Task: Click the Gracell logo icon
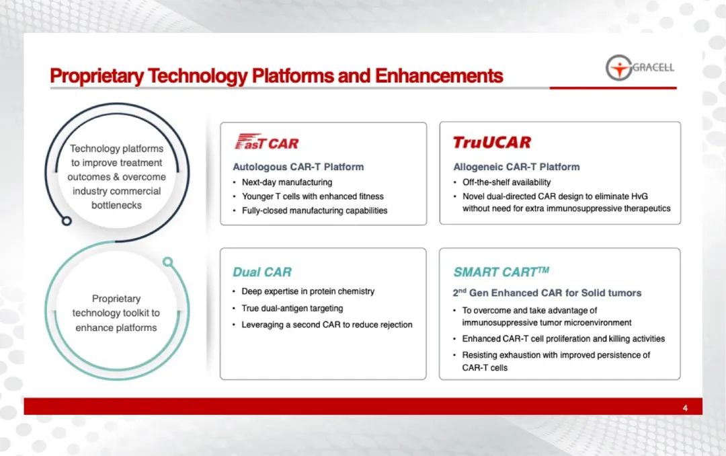point(619,68)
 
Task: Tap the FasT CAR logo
point(267,142)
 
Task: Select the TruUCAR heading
point(491,143)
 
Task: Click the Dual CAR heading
point(262,272)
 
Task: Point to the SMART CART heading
point(501,272)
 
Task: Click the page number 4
point(685,408)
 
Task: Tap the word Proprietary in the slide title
point(97,76)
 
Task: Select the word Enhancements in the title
point(439,75)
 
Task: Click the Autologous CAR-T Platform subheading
point(298,167)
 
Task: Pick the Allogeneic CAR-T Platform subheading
point(516,167)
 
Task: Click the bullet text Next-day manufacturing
point(287,182)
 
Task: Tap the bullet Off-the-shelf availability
point(507,182)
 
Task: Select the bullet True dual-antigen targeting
point(292,308)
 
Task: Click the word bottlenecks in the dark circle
point(117,205)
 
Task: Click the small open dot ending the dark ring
point(67,221)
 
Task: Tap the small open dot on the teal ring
point(168,262)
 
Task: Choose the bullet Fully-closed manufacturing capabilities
point(315,211)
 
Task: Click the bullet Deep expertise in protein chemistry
point(308,291)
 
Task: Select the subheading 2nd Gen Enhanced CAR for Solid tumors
point(547,293)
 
